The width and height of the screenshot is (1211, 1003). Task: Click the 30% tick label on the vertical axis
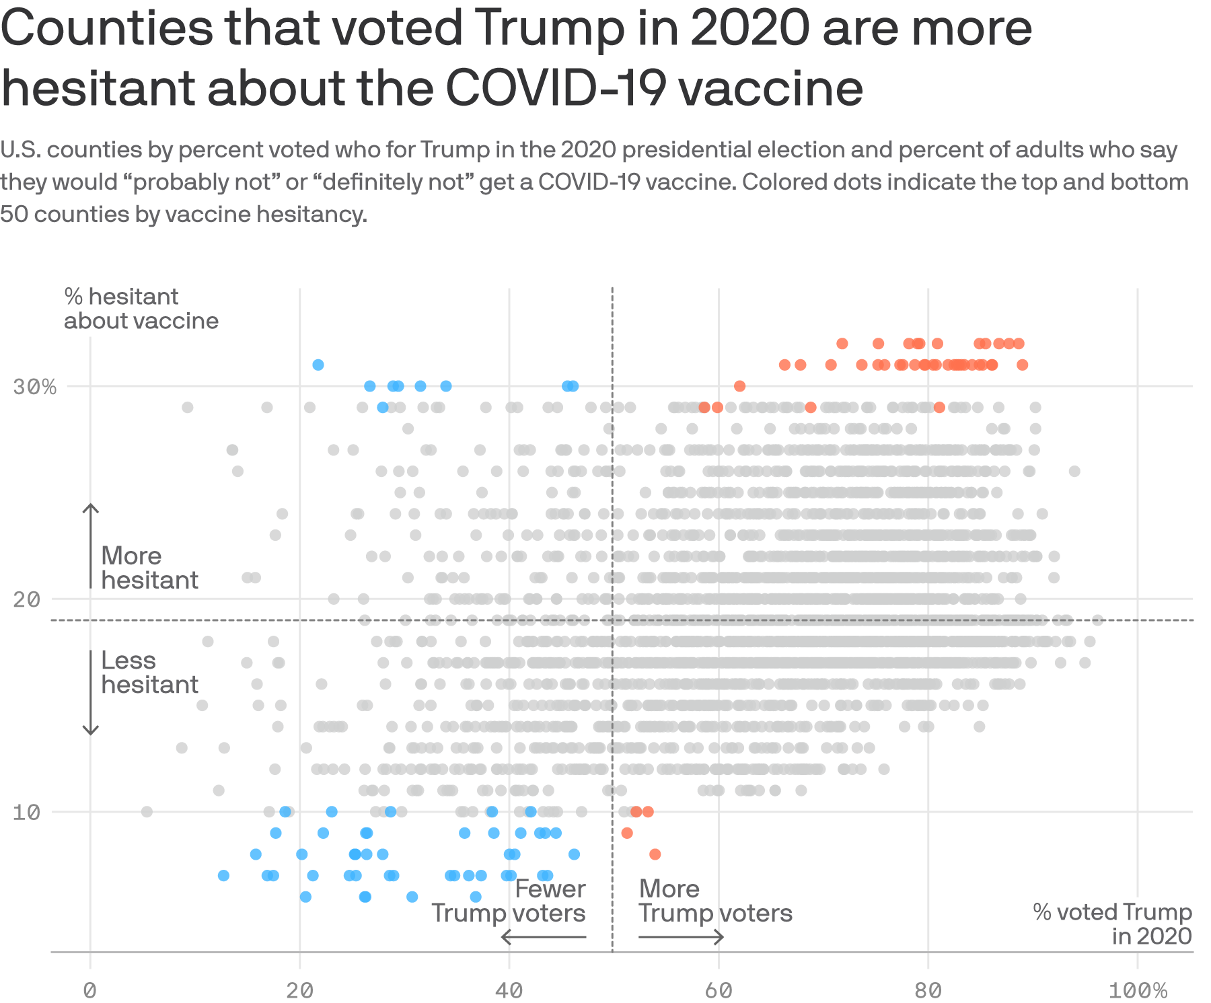tap(34, 387)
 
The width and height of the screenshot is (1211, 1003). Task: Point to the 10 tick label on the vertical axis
tap(27, 812)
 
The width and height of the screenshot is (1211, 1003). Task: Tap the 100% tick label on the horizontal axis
tap(1138, 990)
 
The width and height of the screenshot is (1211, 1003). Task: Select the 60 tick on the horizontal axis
tap(719, 990)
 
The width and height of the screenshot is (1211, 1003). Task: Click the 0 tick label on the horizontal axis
tap(90, 990)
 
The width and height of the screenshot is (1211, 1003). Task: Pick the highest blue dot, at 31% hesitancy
tap(318, 365)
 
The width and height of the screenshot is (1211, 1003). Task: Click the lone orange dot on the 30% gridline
tap(739, 386)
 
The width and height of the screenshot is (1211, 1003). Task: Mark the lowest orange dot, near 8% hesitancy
tap(655, 854)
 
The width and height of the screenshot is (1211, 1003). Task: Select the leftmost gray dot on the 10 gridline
tap(147, 812)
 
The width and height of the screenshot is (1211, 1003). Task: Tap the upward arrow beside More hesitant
tap(91, 545)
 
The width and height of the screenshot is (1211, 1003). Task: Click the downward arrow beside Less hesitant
tap(91, 693)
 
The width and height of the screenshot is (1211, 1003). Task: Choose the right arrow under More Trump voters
tap(681, 936)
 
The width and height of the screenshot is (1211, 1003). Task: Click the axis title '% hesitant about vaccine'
tap(141, 309)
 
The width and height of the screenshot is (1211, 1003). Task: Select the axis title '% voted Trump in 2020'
tap(1112, 924)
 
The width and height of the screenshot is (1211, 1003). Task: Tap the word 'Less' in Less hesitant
tap(129, 661)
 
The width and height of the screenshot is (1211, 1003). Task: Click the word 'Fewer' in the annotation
tap(550, 889)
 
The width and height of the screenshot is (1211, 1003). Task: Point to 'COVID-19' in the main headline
tap(557, 88)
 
